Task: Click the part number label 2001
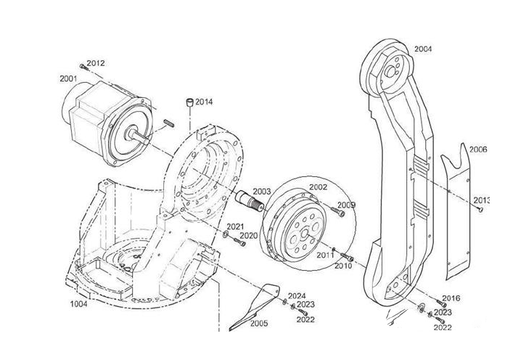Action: click(x=68, y=78)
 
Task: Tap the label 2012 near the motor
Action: click(x=96, y=63)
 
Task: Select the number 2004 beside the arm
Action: click(x=423, y=49)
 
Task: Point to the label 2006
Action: click(x=478, y=150)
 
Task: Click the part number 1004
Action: click(x=78, y=303)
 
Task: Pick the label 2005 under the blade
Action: click(x=258, y=323)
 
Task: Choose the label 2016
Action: click(x=451, y=298)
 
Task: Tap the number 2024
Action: click(x=297, y=295)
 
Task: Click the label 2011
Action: click(x=325, y=255)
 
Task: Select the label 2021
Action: click(x=235, y=227)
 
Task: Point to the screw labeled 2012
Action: click(x=83, y=67)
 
